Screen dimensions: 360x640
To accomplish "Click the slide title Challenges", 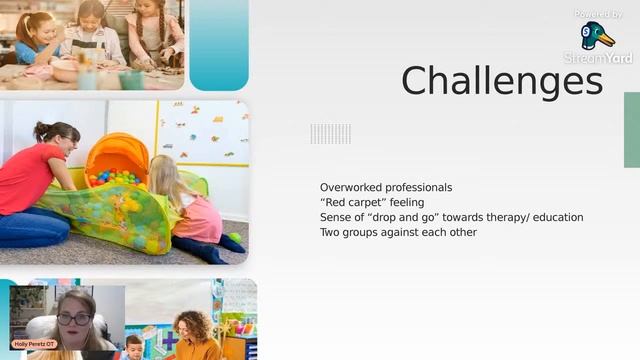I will tap(502, 81).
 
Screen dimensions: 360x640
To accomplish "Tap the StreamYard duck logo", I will tap(597, 36).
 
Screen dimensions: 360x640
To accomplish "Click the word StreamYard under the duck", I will tap(598, 58).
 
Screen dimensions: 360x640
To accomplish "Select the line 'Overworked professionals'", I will tap(386, 187).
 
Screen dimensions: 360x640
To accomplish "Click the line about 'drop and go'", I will tap(451, 217).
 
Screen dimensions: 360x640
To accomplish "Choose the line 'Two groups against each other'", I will tap(398, 232).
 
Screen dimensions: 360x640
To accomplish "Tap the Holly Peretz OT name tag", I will tap(33, 343).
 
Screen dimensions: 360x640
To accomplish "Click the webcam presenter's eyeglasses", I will tap(73, 319).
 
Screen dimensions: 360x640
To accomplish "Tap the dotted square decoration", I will tap(330, 133).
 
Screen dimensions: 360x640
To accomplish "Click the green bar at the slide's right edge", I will tap(631, 129).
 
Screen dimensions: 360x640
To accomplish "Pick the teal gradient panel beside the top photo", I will tap(218, 45).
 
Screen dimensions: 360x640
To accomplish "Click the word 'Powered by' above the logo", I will tap(599, 14).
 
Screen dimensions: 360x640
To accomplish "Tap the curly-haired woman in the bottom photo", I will tap(195, 334).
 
